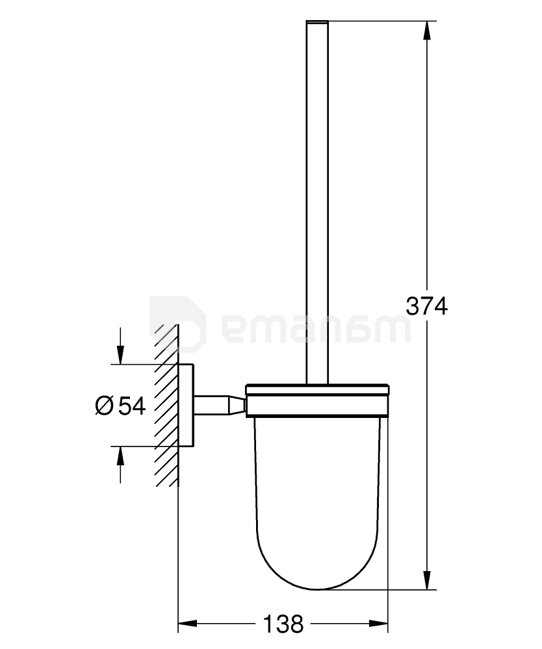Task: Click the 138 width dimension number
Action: [x=283, y=624]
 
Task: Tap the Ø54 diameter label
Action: [x=120, y=406]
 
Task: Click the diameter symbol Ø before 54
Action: [x=105, y=406]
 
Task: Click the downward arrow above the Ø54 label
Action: [x=120, y=354]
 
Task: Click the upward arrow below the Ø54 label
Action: [x=120, y=458]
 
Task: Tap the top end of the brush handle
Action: [x=317, y=24]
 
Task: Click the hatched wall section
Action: [x=166, y=405]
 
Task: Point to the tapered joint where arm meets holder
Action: [x=235, y=405]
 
